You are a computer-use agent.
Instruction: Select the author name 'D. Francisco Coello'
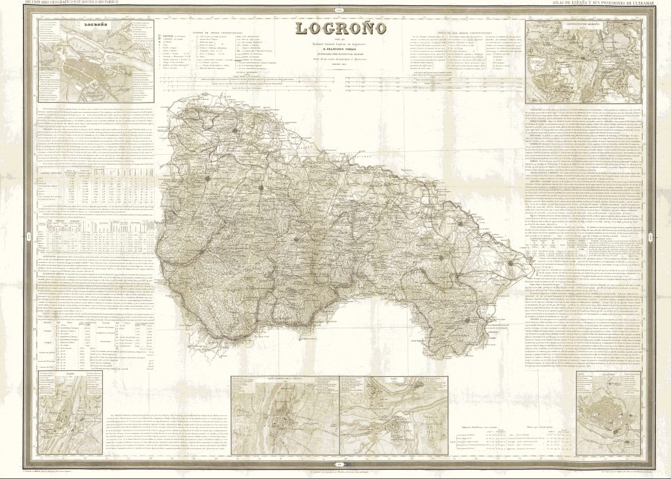(337, 50)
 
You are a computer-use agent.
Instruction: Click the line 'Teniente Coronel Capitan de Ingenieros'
(337, 44)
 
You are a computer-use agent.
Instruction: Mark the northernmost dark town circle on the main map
(233, 130)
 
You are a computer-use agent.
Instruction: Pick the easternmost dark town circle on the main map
(508, 263)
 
